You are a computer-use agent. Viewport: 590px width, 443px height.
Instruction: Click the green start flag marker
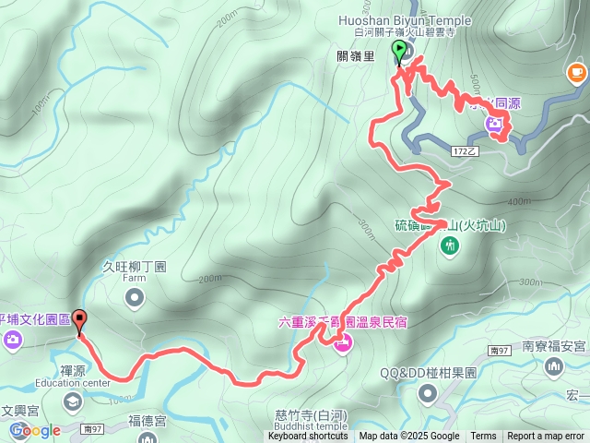coord(399,52)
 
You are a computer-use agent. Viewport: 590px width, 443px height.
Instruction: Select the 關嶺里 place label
coord(356,56)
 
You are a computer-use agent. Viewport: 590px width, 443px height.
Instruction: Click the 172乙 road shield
coord(466,150)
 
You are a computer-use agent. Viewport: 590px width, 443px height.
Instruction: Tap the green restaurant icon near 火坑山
coord(450,245)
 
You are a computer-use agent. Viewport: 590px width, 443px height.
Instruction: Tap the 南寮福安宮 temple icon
coord(555,367)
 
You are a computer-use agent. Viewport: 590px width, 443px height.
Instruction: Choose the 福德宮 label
coord(147,420)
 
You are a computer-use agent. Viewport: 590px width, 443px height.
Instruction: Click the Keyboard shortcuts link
coord(308,437)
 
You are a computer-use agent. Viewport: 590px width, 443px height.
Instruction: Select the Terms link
coord(483,437)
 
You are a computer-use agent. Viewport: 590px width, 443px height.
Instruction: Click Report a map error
coord(546,437)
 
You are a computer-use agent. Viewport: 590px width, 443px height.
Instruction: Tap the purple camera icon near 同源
coord(496,124)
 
